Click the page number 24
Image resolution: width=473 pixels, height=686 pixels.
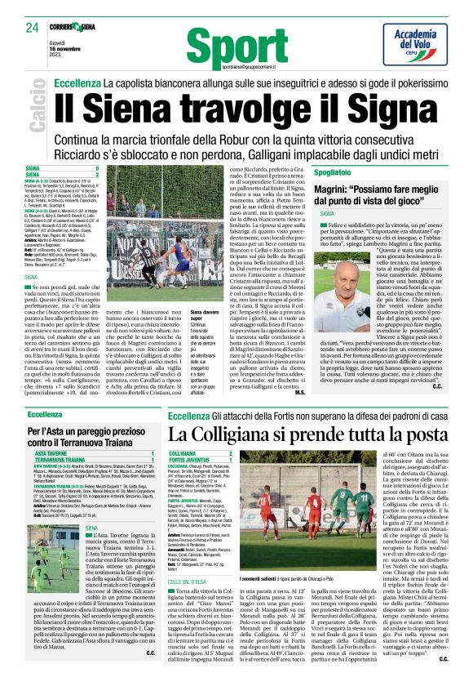click(x=32, y=29)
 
